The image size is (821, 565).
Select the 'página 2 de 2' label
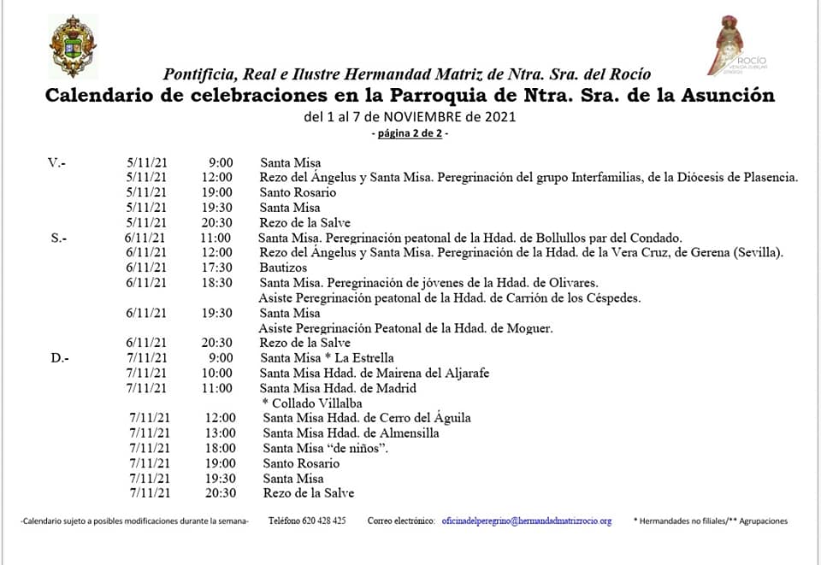point(410,134)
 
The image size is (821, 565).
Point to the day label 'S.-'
point(59,238)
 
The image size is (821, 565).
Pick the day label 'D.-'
point(59,358)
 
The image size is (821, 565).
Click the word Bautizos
point(283,268)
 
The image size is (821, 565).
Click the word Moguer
point(530,328)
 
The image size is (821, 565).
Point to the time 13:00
point(220,433)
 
